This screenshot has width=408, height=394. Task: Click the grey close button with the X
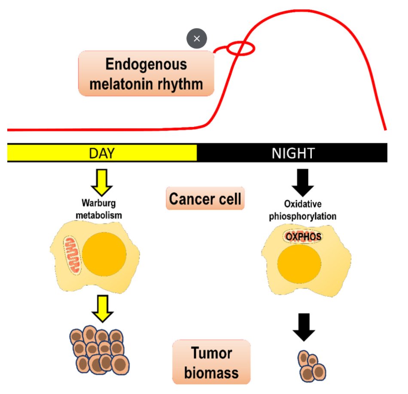coord(197,39)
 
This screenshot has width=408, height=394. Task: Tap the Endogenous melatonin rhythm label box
coord(146,73)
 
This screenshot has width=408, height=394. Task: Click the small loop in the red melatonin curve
coord(241,48)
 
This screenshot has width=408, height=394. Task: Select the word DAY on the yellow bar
coord(102,153)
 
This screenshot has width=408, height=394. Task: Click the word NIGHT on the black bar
coord(293,153)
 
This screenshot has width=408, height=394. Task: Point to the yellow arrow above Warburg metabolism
coord(102,182)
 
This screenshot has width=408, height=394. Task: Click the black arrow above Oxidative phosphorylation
coord(302,182)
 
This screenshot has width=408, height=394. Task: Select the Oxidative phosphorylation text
coord(302,211)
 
